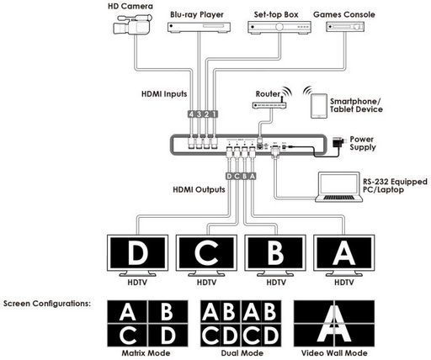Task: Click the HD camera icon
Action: click(132, 24)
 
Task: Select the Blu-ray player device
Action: click(199, 27)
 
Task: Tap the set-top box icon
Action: click(279, 27)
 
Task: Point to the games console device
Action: click(345, 27)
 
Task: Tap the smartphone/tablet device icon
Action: click(319, 106)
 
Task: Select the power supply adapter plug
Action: click(338, 142)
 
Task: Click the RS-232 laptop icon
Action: click(338, 187)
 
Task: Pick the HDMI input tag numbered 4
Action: click(191, 114)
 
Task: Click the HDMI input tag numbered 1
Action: click(214, 114)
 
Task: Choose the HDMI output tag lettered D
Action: click(229, 176)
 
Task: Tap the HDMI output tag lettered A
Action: click(253, 176)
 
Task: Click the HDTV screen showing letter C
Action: click(206, 253)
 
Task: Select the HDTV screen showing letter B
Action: click(275, 253)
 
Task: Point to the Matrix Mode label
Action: click(146, 353)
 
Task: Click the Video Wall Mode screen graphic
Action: click(334, 324)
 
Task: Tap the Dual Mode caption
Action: click(242, 353)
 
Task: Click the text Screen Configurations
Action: click(47, 304)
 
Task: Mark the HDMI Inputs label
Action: click(164, 94)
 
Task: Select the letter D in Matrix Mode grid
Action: click(168, 336)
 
